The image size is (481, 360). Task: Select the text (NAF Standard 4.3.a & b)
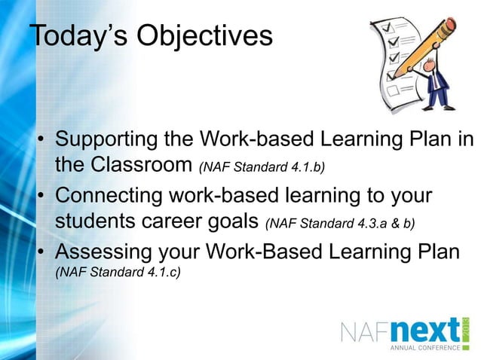pyautogui.click(x=341, y=222)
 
